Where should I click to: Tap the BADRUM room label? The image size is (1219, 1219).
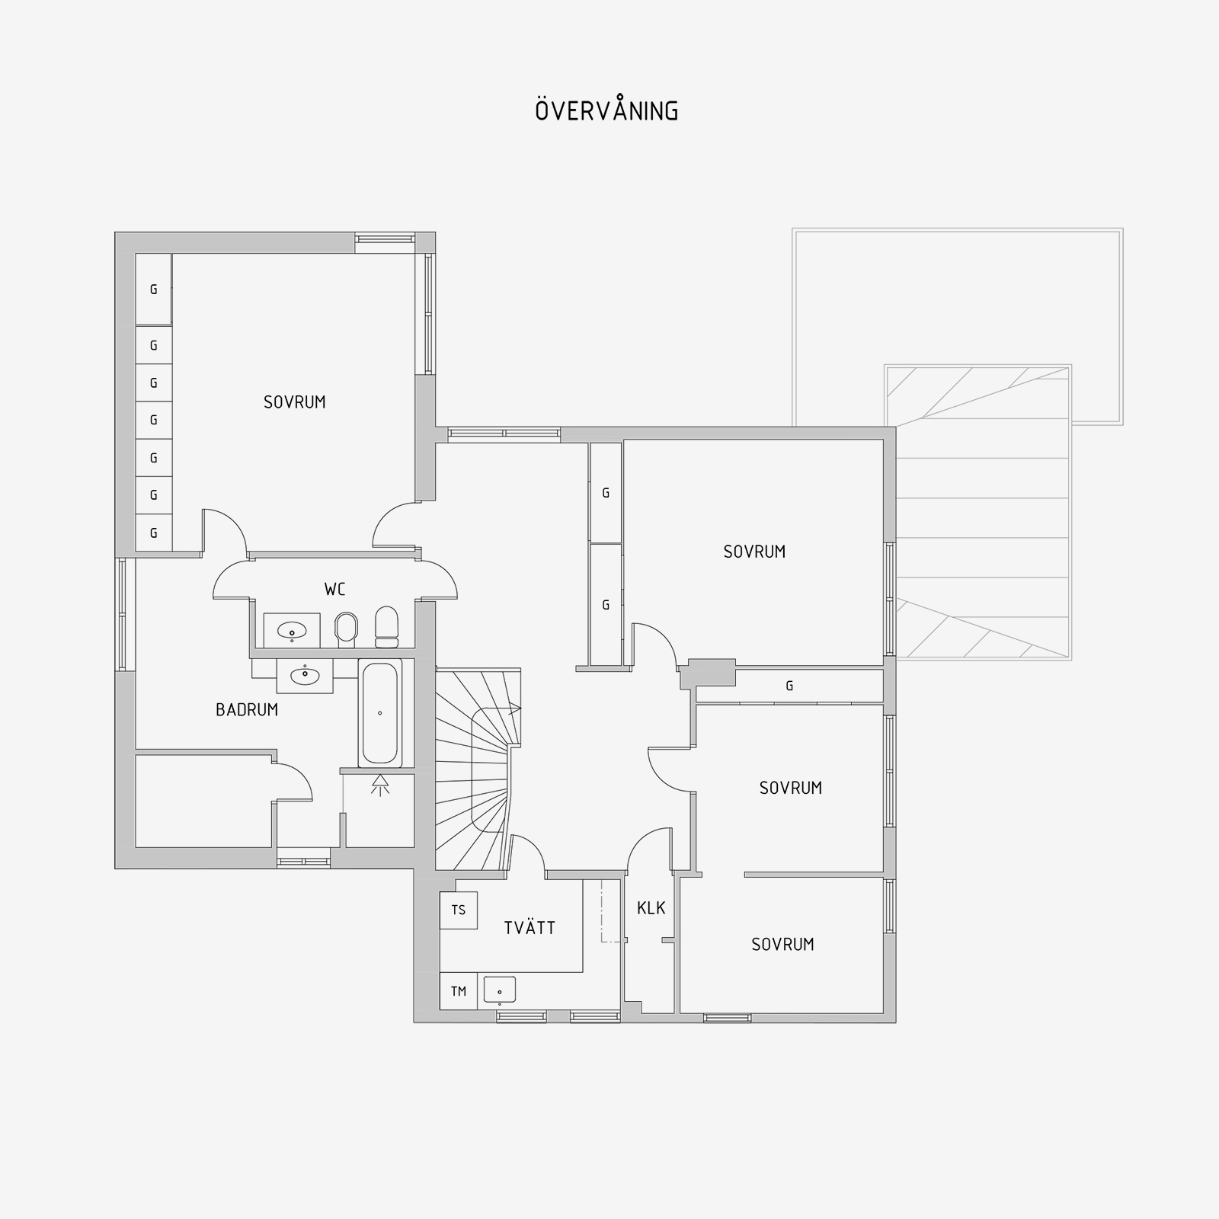[247, 710]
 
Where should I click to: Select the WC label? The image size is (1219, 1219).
[334, 589]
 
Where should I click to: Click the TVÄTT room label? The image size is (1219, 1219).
[530, 927]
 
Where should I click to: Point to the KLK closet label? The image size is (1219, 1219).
[651, 907]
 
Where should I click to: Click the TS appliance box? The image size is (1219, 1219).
[459, 910]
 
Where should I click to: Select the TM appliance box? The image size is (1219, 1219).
[459, 991]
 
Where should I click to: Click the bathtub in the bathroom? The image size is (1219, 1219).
[380, 713]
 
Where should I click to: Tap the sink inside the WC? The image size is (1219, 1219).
[292, 631]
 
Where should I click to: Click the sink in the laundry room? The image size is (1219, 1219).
[499, 990]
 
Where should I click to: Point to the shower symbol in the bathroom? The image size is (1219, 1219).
[379, 785]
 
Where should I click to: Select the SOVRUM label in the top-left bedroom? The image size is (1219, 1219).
[295, 402]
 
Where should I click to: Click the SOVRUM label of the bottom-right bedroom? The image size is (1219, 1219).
[782, 945]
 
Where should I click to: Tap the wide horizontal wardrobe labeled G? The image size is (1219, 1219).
[789, 686]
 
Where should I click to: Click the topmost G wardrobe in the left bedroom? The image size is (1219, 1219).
[154, 290]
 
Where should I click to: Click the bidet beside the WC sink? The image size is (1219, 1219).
[347, 629]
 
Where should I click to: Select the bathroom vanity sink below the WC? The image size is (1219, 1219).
[305, 676]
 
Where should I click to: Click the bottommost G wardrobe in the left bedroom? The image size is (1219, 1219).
[154, 533]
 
